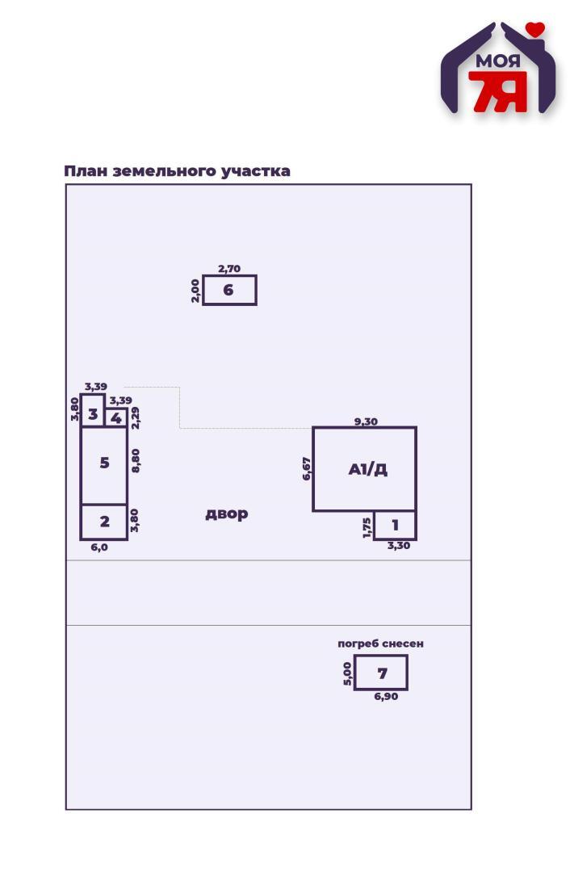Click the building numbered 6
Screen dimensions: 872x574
(x=229, y=290)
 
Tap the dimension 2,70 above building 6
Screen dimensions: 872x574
(x=229, y=269)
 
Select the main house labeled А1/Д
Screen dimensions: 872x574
(x=365, y=469)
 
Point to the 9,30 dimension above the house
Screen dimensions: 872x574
(x=366, y=421)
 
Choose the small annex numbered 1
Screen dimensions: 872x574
(x=395, y=525)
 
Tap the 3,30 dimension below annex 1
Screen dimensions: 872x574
(x=399, y=546)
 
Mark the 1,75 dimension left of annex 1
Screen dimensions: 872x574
(x=367, y=526)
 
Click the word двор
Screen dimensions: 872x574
(x=226, y=514)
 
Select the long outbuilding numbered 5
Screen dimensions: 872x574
(x=104, y=464)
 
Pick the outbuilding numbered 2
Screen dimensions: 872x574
(x=104, y=522)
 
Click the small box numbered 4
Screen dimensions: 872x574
(x=115, y=418)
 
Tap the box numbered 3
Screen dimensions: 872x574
(x=93, y=413)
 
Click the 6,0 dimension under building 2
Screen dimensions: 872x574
(x=99, y=547)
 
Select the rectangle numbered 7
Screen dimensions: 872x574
(x=381, y=673)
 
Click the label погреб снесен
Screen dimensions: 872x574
(x=380, y=644)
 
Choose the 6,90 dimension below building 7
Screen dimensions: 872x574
(x=386, y=696)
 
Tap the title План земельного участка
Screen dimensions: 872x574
(x=177, y=171)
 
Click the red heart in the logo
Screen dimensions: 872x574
(x=534, y=30)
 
